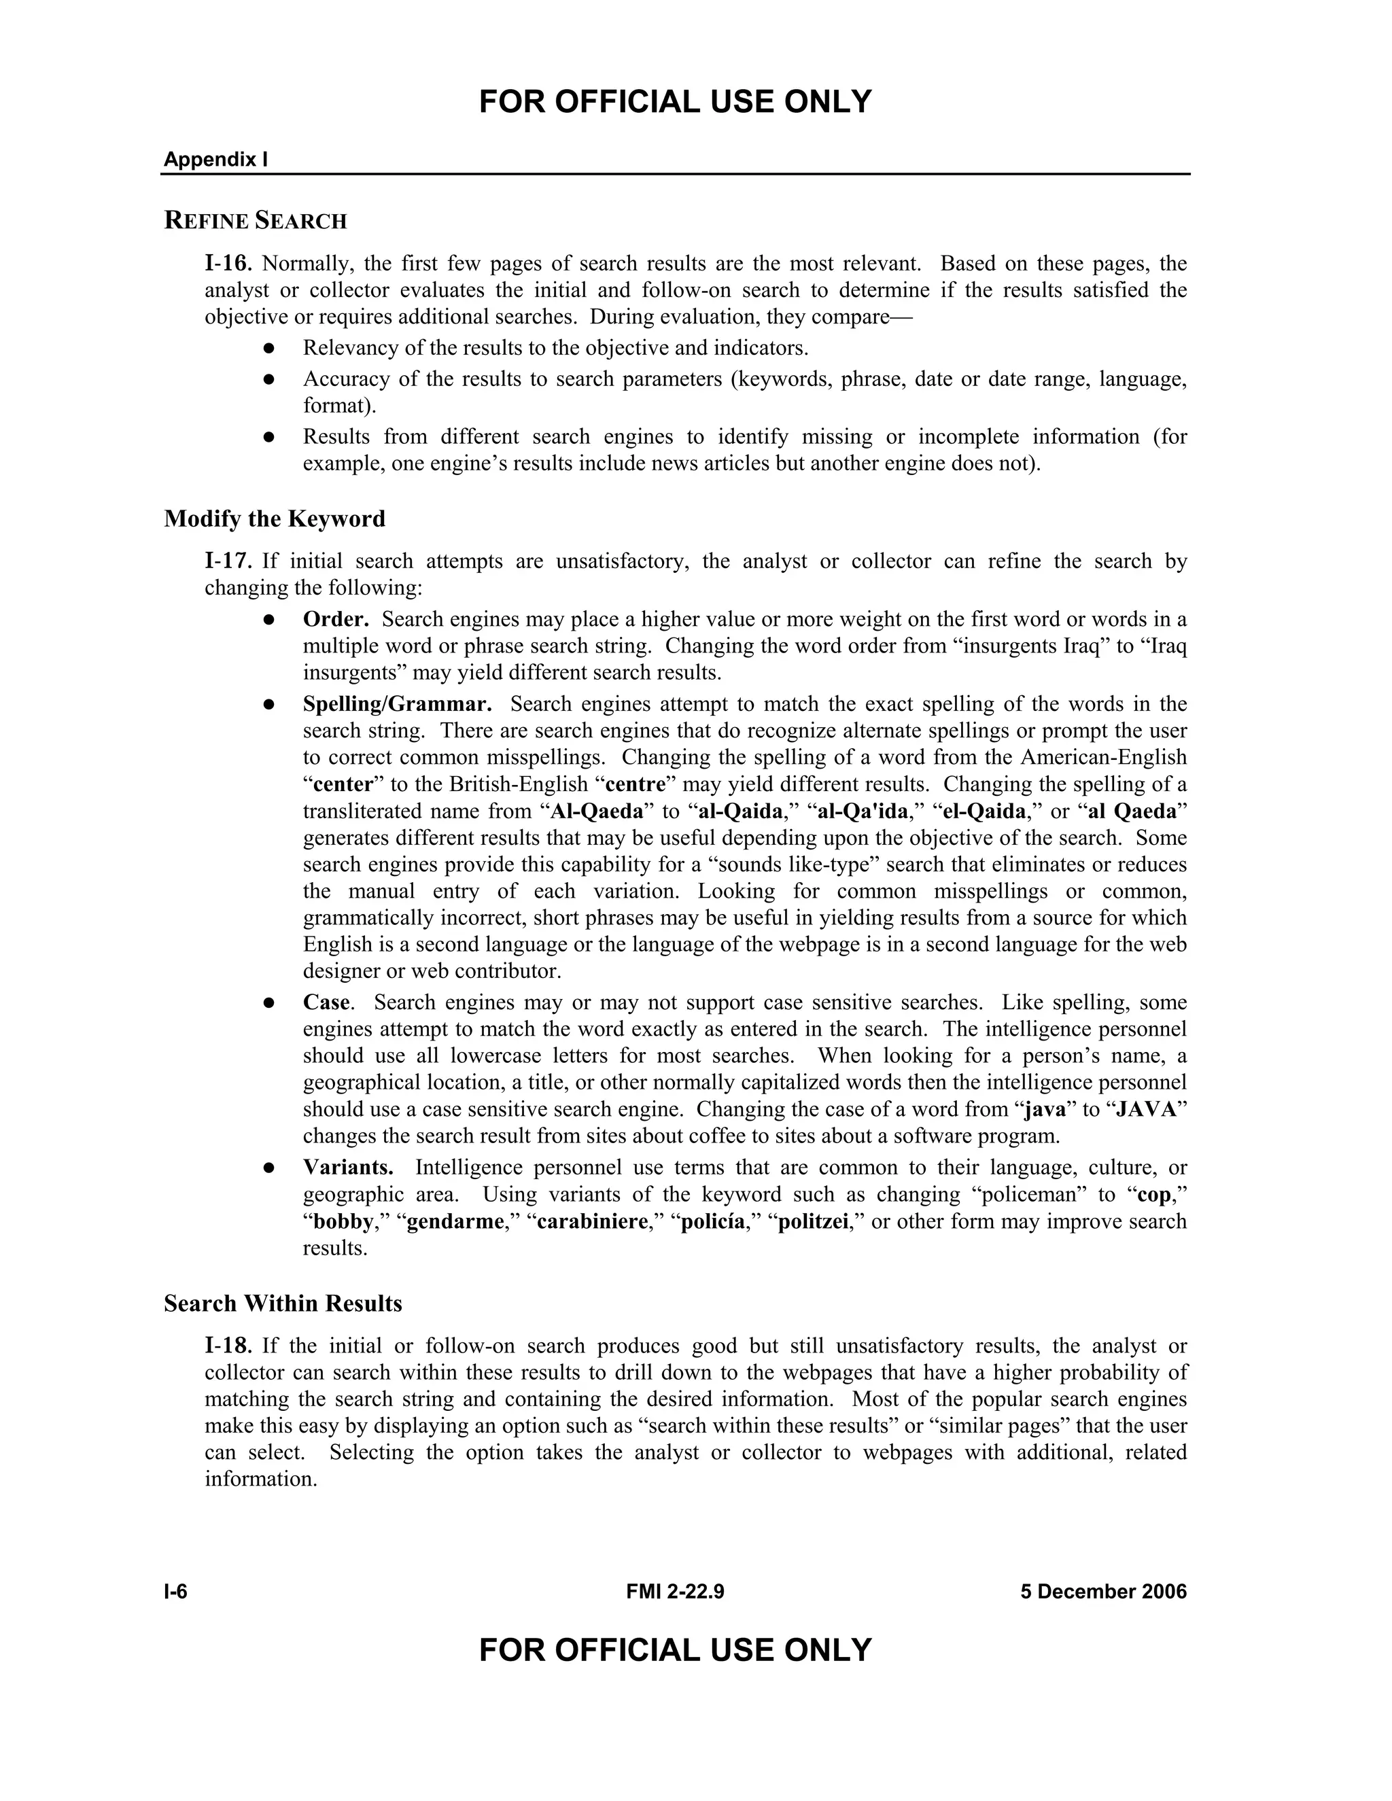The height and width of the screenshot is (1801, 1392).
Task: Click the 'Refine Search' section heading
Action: tap(256, 221)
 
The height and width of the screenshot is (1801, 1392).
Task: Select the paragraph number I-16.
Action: tap(228, 264)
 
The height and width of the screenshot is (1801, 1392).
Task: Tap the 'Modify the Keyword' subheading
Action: tap(275, 519)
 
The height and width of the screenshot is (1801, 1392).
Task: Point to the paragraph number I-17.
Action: tap(228, 561)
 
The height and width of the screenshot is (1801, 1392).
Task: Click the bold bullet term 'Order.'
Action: tap(336, 619)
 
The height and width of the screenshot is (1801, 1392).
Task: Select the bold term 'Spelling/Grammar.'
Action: tap(398, 704)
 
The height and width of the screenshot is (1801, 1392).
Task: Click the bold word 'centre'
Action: tap(635, 784)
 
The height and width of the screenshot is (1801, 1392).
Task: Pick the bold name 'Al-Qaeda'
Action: tap(596, 811)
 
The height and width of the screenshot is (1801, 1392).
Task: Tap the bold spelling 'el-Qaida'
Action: tap(984, 811)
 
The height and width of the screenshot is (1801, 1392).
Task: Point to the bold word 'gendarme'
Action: tap(455, 1221)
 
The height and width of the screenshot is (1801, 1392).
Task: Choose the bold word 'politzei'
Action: tap(813, 1221)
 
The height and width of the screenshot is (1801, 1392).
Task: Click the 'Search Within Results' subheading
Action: tap(283, 1304)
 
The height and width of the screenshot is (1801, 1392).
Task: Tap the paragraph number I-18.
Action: tap(228, 1346)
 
